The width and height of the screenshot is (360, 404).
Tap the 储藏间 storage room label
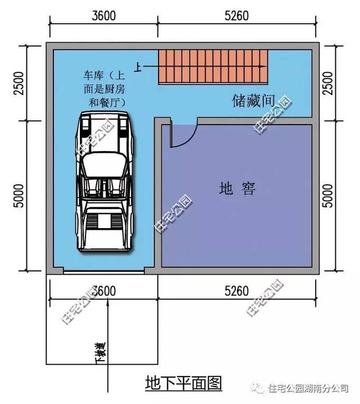tap(253, 101)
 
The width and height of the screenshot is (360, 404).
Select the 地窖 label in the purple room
tap(237, 189)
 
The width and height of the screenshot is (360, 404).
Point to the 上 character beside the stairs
tap(137, 66)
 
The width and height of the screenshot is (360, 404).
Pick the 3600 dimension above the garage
tap(103, 16)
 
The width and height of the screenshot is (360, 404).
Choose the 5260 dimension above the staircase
tap(236, 16)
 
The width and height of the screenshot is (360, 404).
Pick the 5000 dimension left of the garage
tap(19, 194)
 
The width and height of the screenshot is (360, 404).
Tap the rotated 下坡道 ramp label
tap(101, 354)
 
